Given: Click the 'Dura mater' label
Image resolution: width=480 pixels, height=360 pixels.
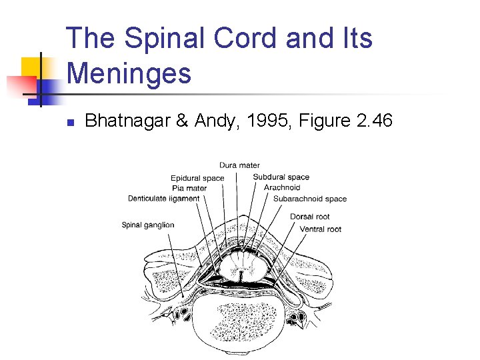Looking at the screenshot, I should pos(239,165).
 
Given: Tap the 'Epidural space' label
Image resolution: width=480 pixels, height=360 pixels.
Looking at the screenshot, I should pos(197,178).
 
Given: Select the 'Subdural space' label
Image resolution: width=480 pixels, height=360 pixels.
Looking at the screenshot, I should pos(281,177).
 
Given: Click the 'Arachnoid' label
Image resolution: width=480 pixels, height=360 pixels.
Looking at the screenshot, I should pos(282,187).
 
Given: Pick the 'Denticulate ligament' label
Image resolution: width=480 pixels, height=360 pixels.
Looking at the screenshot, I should pos(163,198).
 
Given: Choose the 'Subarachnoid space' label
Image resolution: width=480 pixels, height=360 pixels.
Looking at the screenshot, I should pos(309,198).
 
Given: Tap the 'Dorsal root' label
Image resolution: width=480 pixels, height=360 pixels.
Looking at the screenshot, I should pos(309,217).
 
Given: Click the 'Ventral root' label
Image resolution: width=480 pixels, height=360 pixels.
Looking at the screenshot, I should pos(320,229).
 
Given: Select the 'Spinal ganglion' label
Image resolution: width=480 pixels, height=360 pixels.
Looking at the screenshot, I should pos(147,225).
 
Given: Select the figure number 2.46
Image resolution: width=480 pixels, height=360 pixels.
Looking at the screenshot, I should pos(373,121).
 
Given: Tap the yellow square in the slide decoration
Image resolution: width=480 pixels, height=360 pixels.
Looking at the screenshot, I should pos(33,69).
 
